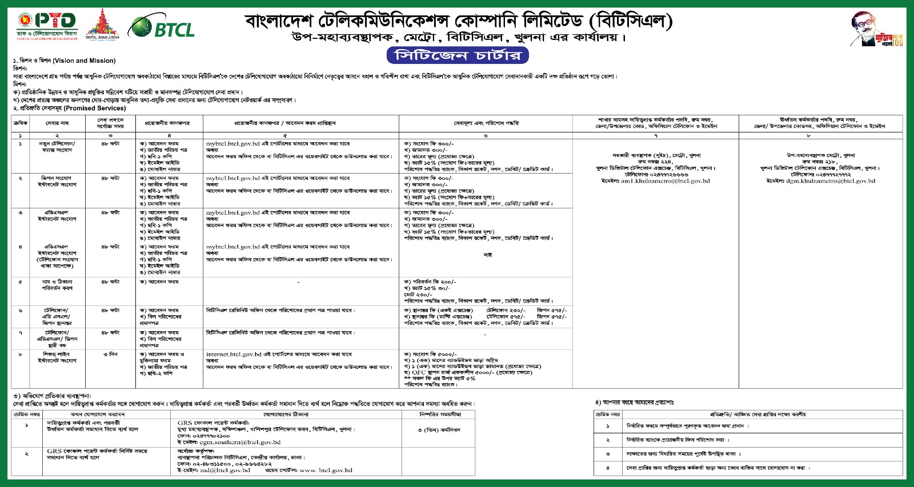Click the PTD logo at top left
point(47,26)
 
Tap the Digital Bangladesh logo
point(102,25)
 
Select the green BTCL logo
point(162,27)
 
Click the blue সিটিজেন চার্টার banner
point(457,55)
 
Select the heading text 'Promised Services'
point(94,108)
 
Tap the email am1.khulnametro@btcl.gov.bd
point(665,181)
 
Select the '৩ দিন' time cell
point(110,355)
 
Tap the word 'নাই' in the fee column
point(487,255)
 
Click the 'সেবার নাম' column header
point(57,123)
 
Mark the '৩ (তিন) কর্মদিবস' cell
point(439,430)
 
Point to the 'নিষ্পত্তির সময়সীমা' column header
point(440,414)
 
